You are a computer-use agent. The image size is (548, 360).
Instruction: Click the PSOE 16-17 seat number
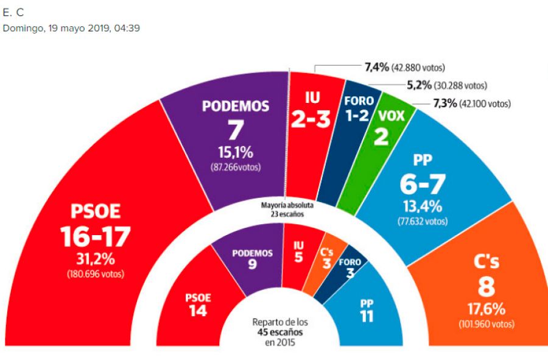[96, 237]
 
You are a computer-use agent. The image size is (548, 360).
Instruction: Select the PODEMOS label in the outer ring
[236, 106]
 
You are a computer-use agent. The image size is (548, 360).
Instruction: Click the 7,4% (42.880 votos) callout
[404, 67]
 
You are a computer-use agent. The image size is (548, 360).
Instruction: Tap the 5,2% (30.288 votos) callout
[446, 86]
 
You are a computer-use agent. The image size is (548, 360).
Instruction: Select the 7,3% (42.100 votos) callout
[471, 104]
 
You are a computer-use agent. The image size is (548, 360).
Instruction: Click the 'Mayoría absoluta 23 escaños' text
[279, 210]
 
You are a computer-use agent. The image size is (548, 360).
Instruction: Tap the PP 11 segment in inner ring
[367, 310]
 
